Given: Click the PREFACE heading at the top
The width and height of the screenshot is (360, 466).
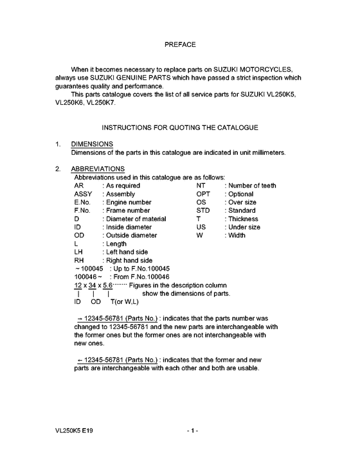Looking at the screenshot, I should [180, 45].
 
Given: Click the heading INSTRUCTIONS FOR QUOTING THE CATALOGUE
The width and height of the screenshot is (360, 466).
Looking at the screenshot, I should [180, 128].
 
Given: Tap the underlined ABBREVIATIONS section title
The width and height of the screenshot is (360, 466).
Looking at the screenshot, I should [97, 168].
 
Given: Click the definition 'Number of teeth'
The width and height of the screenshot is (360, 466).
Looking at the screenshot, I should [251, 186].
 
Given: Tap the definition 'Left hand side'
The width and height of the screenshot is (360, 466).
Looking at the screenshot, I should [127, 253].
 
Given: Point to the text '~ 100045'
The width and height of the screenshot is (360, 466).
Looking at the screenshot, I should [89, 269].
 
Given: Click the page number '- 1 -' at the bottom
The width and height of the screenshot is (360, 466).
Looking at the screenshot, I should [192, 430].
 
